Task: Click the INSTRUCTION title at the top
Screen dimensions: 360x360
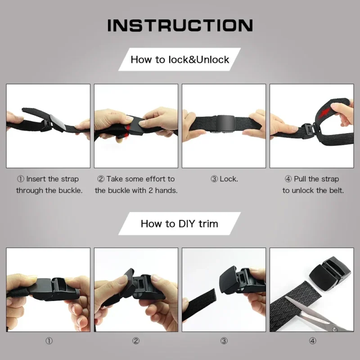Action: click(180, 25)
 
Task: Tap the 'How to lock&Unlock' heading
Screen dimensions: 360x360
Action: click(180, 59)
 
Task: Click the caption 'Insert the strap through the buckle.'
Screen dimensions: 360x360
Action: click(49, 184)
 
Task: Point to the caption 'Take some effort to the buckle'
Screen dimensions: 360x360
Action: click(136, 184)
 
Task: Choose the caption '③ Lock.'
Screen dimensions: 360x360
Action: click(224, 179)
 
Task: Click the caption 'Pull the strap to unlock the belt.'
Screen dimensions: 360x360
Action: click(313, 184)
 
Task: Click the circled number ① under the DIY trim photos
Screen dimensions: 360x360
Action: click(49, 341)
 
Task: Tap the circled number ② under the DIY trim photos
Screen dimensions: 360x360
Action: click(136, 341)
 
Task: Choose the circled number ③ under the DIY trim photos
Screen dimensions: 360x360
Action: click(224, 341)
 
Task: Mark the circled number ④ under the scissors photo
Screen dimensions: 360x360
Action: click(313, 341)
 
